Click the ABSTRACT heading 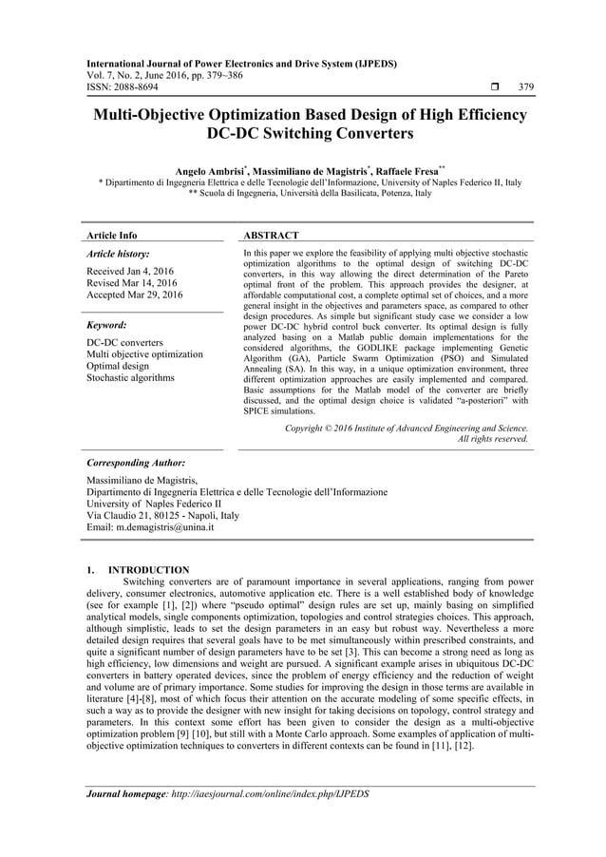(x=272, y=235)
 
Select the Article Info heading (x=111, y=235)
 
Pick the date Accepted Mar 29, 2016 (x=135, y=295)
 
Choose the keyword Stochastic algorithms (x=130, y=378)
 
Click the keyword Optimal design (x=118, y=366)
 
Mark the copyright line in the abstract (x=407, y=428)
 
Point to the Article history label (x=116, y=255)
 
